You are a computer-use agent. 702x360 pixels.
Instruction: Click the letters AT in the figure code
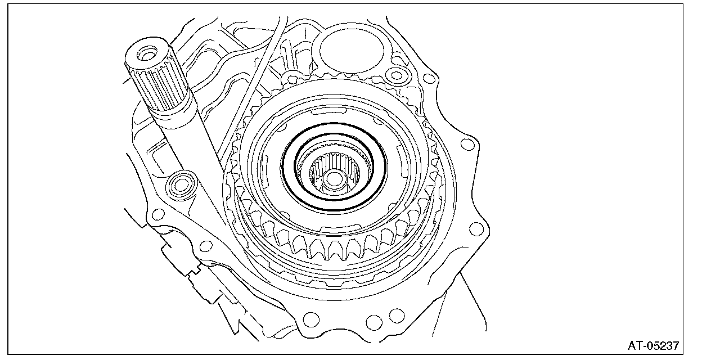click(635, 345)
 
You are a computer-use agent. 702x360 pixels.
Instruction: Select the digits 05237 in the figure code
click(662, 345)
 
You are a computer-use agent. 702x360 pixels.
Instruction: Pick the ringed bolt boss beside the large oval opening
click(396, 75)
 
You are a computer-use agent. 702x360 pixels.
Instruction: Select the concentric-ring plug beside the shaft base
click(181, 186)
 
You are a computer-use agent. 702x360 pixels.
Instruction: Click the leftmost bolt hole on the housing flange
click(158, 215)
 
